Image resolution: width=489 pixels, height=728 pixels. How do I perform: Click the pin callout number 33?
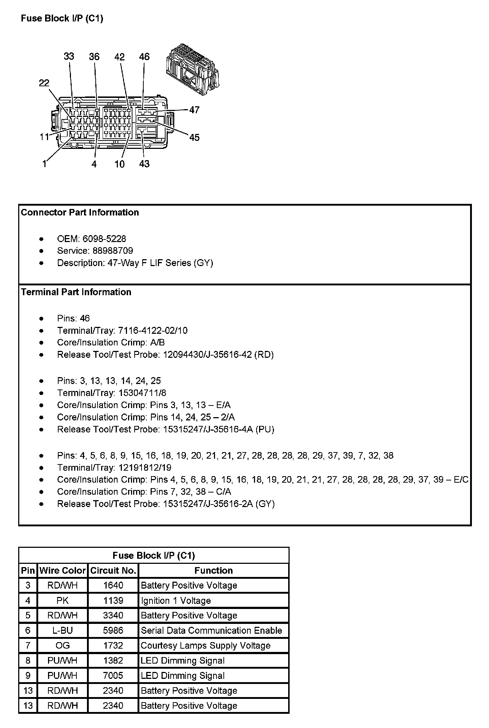pos(69,56)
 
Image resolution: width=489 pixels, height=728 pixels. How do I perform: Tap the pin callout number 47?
pos(194,110)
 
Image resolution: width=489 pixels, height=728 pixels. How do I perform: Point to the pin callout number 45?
pos(194,137)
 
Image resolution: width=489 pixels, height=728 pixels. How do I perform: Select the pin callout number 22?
pos(44,83)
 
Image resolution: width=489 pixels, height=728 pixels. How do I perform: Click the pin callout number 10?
pos(119,164)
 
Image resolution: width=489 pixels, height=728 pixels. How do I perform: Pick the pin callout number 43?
pos(144,164)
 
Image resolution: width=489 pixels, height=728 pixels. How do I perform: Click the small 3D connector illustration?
pos(192,68)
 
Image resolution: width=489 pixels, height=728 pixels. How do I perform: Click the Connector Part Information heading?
pos(80,213)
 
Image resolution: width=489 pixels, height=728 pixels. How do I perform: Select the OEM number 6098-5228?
pos(104,239)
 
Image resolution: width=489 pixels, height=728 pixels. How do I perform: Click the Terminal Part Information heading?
pos(76,292)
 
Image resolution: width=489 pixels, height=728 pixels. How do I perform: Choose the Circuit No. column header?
pos(113,570)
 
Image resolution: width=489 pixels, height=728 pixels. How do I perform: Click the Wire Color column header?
pos(63,570)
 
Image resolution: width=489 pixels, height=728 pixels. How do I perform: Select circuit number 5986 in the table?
pos(113,630)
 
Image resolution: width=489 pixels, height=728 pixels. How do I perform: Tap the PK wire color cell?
pos(63,601)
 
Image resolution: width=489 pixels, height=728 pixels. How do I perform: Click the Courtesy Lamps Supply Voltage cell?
pos(206,645)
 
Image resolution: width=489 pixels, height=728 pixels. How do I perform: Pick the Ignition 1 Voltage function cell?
pos(176,601)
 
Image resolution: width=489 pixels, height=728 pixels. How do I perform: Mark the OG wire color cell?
pos(63,645)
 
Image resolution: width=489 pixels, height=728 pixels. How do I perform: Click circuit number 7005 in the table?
pos(113,676)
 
